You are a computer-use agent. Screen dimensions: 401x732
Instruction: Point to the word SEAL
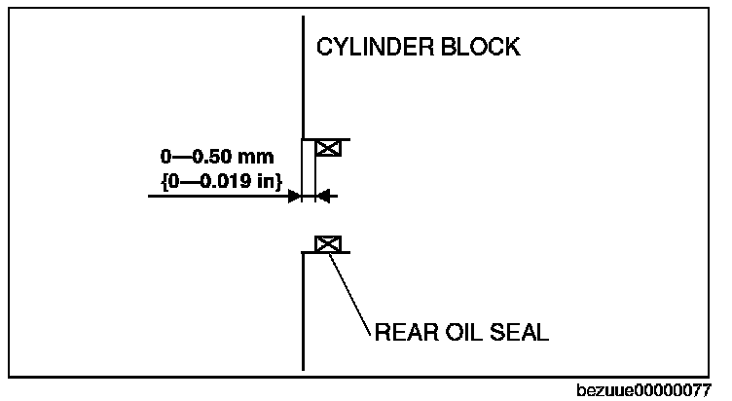517,333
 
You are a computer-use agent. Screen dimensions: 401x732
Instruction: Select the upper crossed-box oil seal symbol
329,148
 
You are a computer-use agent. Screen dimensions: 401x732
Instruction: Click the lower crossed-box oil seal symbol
329,243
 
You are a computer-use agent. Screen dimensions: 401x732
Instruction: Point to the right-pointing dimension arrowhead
294,196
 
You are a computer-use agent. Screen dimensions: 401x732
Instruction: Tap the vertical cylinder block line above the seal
304,78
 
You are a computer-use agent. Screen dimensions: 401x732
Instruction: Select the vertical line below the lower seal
304,311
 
